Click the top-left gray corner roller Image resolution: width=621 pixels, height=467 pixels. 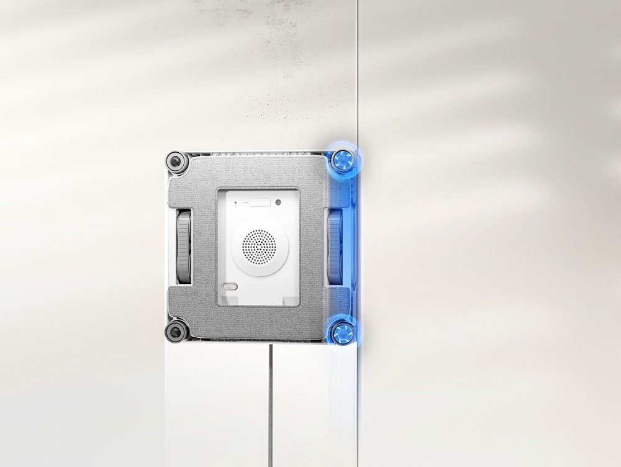[176, 162]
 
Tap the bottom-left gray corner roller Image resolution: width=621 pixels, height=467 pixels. [176, 330]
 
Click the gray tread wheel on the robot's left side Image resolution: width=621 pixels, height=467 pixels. [184, 246]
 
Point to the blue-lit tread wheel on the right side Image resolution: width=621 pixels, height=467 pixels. [334, 246]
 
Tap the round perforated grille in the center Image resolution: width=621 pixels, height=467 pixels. [260, 246]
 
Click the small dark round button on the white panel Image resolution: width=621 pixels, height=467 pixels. [278, 202]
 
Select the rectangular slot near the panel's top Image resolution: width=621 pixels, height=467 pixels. [261, 202]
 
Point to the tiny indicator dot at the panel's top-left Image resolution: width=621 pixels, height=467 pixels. [236, 202]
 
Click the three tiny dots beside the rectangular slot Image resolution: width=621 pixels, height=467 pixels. [246, 202]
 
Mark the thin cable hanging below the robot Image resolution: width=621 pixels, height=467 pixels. [270, 404]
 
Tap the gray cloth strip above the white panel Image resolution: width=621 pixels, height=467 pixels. [258, 174]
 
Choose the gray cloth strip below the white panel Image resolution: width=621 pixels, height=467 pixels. [258, 322]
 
